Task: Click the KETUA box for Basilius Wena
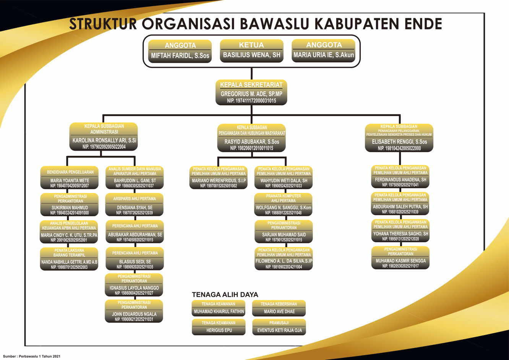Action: click(x=251, y=51)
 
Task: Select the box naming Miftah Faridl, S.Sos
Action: click(x=180, y=51)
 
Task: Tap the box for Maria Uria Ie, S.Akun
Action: click(x=323, y=51)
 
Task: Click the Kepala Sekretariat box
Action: click(x=251, y=92)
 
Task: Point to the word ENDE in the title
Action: click(x=422, y=24)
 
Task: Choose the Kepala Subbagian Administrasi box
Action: click(x=104, y=136)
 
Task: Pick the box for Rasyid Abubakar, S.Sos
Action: click(x=251, y=138)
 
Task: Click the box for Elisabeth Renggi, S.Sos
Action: click(x=399, y=138)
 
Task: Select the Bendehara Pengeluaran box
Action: click(x=69, y=177)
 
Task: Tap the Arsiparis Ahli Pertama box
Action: click(x=134, y=204)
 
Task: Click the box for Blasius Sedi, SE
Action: click(x=135, y=259)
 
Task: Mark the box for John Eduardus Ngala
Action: click(x=134, y=311)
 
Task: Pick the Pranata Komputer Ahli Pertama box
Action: click(x=283, y=204)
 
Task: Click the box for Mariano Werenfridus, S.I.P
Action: click(x=218, y=177)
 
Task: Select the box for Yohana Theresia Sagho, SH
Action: click(x=400, y=231)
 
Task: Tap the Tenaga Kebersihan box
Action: click(x=279, y=308)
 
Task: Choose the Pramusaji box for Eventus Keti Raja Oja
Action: click(x=279, y=327)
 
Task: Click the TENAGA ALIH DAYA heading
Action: click(x=225, y=295)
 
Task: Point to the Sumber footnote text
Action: click(x=32, y=356)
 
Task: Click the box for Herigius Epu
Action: click(x=219, y=327)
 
